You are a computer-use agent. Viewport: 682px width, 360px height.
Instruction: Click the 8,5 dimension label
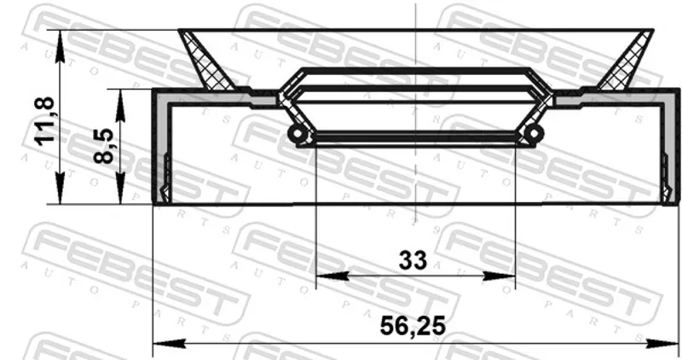pyautogui.click(x=104, y=146)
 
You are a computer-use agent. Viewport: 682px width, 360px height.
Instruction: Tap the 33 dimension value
pyautogui.click(x=413, y=260)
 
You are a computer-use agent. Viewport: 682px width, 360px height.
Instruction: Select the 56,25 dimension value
pyautogui.click(x=413, y=326)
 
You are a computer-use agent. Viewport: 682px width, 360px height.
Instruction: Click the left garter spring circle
pyautogui.click(x=297, y=133)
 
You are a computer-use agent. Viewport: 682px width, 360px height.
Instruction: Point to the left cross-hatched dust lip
pyautogui.click(x=205, y=60)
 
